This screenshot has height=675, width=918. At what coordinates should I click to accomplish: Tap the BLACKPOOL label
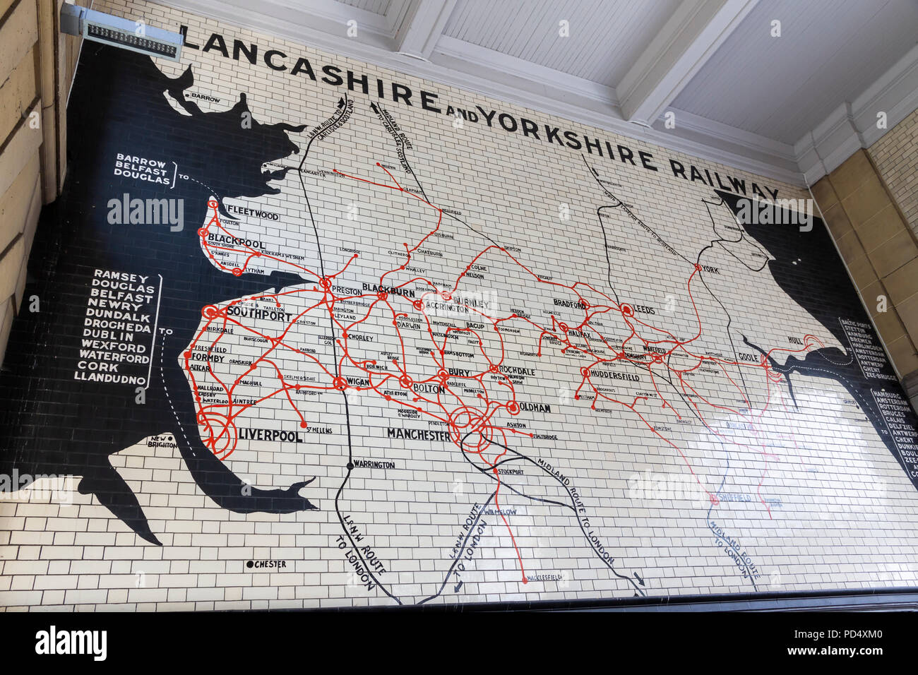[237, 242]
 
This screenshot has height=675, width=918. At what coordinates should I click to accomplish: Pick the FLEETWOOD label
[252, 216]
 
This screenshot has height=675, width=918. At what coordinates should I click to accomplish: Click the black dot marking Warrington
[350, 465]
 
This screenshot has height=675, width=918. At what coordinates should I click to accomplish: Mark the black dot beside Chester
[249, 564]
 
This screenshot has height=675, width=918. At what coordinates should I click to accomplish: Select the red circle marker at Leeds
[625, 309]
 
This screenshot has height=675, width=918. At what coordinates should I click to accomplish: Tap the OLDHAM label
[535, 408]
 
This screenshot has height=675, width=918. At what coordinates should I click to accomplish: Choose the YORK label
[712, 269]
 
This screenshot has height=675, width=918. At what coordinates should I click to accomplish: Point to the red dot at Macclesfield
[525, 580]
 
